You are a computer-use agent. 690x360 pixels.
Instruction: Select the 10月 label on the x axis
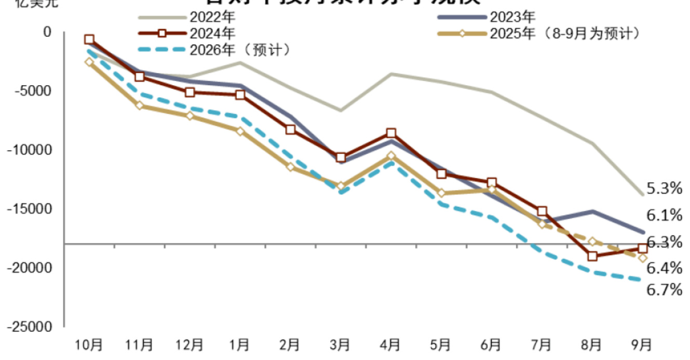(x=89, y=344)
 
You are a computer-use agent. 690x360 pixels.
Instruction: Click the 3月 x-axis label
(x=341, y=344)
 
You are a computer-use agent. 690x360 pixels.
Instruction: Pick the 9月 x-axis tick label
(x=642, y=344)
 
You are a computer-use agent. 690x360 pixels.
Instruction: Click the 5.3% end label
(x=664, y=189)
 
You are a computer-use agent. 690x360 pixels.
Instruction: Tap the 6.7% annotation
(x=664, y=289)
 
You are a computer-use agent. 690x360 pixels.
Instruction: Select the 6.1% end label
(x=664, y=215)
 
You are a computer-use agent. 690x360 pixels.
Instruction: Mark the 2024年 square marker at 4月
(x=391, y=134)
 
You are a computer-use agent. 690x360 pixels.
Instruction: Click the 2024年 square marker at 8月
(x=592, y=256)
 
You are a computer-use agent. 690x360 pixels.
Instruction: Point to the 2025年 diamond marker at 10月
(x=89, y=62)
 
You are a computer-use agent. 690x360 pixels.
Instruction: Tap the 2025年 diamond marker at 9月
(x=642, y=258)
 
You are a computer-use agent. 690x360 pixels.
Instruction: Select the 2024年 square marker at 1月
(x=240, y=95)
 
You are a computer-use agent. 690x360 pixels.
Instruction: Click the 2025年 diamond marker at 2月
(x=290, y=167)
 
